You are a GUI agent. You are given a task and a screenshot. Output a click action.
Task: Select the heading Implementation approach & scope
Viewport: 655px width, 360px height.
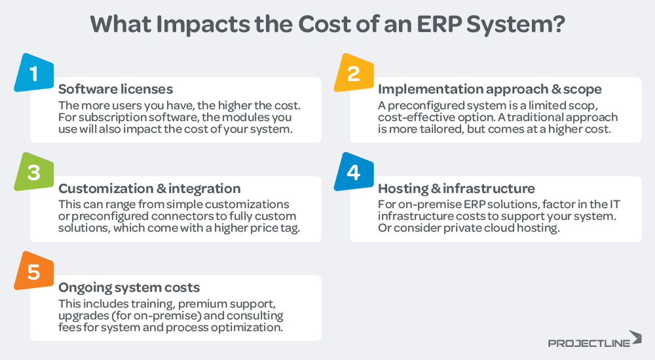pos(489,90)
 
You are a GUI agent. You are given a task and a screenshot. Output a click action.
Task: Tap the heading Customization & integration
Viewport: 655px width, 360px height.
pos(149,189)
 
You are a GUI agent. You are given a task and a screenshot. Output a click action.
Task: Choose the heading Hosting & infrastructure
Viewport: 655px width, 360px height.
pos(457,189)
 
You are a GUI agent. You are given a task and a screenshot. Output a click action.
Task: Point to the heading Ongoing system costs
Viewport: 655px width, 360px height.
pos(129,287)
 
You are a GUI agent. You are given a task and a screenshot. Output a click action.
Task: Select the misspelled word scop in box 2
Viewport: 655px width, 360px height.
pos(603,105)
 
